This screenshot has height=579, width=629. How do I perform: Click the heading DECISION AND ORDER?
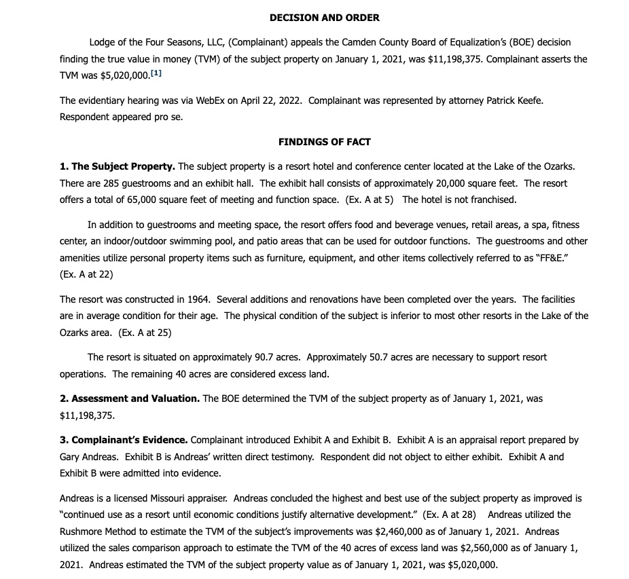[x=324, y=18]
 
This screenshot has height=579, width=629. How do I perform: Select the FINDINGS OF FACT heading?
[x=324, y=142]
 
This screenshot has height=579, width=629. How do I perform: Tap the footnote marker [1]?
[x=156, y=73]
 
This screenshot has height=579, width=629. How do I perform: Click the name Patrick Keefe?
[x=516, y=100]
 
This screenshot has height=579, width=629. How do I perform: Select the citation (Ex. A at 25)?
[x=145, y=333]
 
